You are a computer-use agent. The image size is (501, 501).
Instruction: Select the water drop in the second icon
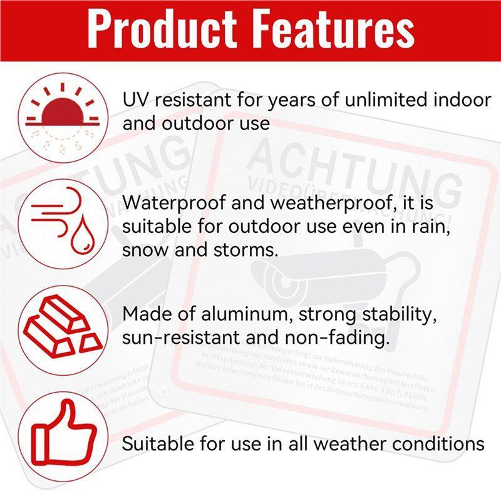pos(80,238)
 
